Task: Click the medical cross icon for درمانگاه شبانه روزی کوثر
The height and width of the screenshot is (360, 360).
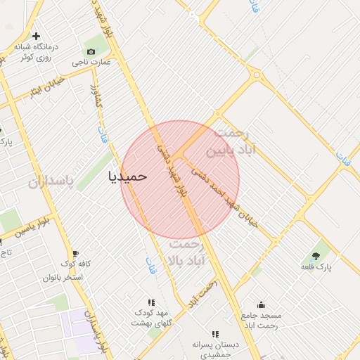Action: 37,36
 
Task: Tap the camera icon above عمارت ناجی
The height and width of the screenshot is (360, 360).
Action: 91,51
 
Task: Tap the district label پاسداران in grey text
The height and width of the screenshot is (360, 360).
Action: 51,182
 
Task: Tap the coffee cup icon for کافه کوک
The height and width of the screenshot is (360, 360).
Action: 75,254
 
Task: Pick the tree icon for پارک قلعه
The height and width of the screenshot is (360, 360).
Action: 314,255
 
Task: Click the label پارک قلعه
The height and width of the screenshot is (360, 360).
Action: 316,267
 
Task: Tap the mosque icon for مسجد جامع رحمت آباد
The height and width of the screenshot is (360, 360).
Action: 261,304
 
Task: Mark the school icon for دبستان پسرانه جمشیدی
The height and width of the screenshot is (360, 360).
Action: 215,335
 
